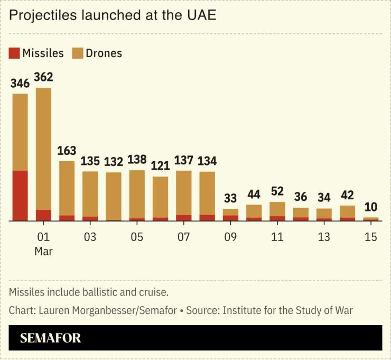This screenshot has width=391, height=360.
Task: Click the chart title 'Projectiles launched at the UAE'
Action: (113, 15)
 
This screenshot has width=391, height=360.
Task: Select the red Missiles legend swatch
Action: (14, 53)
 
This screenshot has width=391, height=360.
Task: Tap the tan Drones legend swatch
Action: (78, 53)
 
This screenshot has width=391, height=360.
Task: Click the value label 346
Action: (20, 83)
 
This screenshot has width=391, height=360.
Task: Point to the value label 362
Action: (43, 77)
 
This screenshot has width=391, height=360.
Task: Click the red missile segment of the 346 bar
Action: (20, 195)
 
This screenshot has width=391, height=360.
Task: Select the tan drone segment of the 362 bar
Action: (43, 148)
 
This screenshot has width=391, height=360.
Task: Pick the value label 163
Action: (67, 150)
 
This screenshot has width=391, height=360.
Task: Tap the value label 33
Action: (230, 198)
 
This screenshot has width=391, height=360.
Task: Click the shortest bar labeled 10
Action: (370, 218)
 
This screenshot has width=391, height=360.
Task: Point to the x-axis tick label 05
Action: (137, 237)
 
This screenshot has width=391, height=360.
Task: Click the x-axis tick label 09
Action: (230, 237)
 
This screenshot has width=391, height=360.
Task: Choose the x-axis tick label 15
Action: (370, 237)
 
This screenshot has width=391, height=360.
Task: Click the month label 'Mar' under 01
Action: (43, 252)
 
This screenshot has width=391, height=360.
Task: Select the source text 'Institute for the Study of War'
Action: (288, 310)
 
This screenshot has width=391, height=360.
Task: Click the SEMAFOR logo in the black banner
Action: (51, 338)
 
